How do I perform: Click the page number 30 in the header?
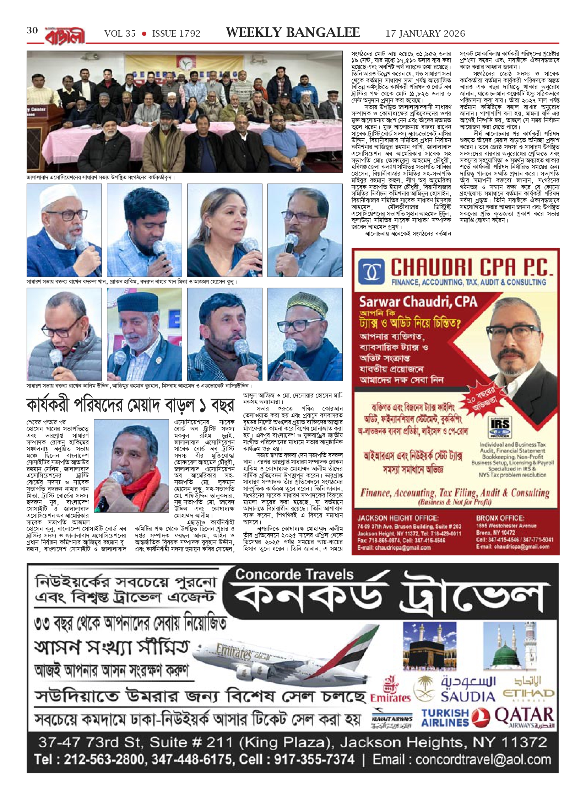pos(32,31)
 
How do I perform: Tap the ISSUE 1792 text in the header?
pos(176,34)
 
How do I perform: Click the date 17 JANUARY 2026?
pos(425,34)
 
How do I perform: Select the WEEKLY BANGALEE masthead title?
pos(293,33)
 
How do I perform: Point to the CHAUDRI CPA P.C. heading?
pos(472,268)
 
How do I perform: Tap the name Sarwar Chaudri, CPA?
pos(418,303)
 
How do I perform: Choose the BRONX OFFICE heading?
pos(500,518)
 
